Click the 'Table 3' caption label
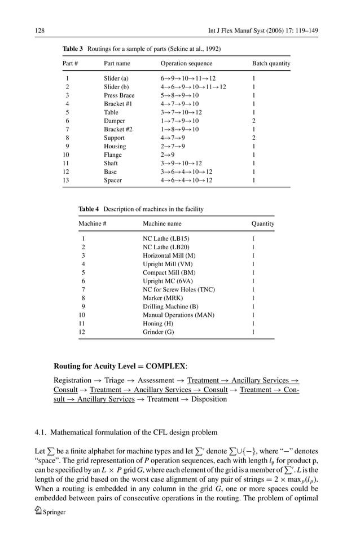[x=72, y=49]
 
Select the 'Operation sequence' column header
[x=186, y=64]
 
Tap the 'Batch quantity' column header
[x=271, y=64]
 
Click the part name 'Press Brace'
[x=119, y=95]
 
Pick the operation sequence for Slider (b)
[x=193, y=87]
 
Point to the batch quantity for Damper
[x=254, y=121]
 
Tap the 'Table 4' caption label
[x=88, y=209]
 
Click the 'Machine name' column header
[x=162, y=224]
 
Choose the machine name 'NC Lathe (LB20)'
[x=166, y=247]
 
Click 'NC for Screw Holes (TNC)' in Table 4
[x=178, y=289]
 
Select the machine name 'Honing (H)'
[x=159, y=324]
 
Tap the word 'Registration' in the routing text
[x=72, y=381]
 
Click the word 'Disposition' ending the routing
[x=207, y=399]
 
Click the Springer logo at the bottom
[x=51, y=512]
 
